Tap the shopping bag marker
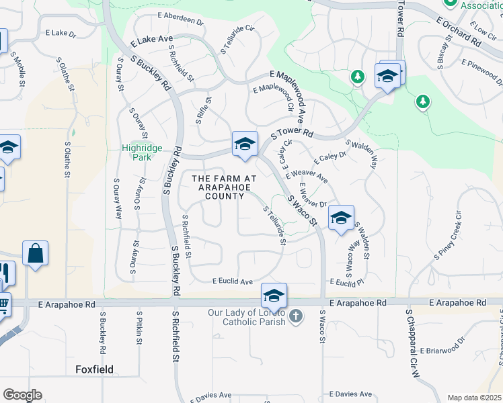(35, 255)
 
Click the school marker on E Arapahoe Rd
(274, 296)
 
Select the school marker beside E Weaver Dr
(342, 218)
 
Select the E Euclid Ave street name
(232, 282)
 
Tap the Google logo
(22, 395)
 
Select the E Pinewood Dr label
(481, 71)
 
